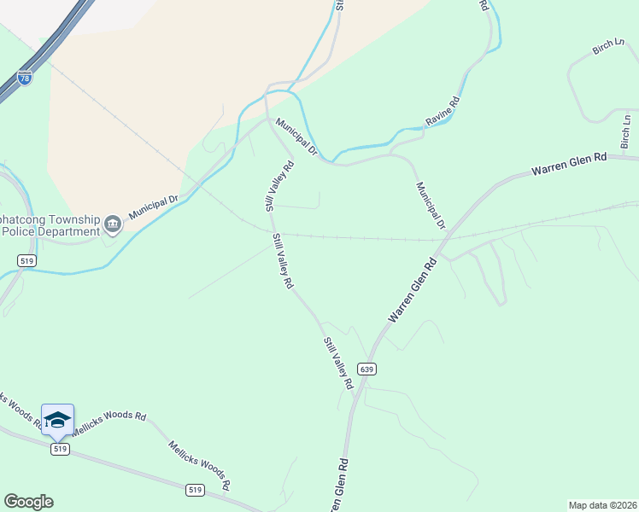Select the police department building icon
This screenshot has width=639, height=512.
[x=113, y=225]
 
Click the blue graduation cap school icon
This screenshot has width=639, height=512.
[x=57, y=419]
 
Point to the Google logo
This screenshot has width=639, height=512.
[x=28, y=502]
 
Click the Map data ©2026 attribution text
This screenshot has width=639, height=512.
[x=602, y=504]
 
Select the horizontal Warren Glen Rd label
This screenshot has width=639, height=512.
[x=568, y=165]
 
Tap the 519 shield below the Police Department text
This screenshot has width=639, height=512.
[x=26, y=260]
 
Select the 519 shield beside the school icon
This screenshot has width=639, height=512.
[x=59, y=449]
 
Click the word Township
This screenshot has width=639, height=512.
[x=67, y=218]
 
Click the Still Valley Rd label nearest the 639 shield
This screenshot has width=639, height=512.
[x=338, y=364]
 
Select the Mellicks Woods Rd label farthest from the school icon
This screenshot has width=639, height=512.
[x=199, y=465]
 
